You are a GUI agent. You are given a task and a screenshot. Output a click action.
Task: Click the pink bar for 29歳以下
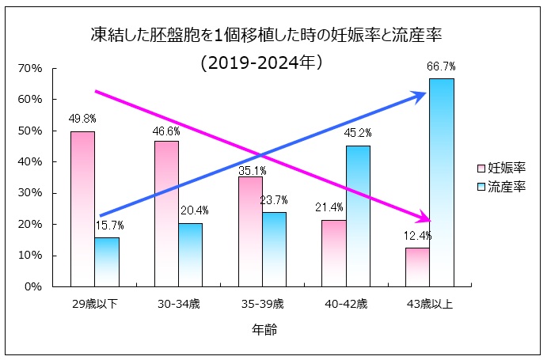82,209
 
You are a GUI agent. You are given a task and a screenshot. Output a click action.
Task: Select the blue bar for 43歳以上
442,182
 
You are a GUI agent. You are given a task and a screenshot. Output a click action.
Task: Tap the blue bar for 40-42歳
358,216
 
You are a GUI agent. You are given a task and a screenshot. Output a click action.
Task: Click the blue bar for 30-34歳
190,254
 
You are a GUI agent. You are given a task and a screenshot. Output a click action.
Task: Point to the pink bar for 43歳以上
417,267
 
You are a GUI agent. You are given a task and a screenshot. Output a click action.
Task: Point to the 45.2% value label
358,133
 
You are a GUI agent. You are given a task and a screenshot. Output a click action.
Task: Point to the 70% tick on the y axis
29,69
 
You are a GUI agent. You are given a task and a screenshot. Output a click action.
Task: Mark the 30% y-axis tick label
29,193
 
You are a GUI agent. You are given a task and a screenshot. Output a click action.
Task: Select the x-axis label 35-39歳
262,303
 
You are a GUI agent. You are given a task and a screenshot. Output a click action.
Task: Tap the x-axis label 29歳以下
94,303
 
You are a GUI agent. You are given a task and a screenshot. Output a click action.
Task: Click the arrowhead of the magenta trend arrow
425,218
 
